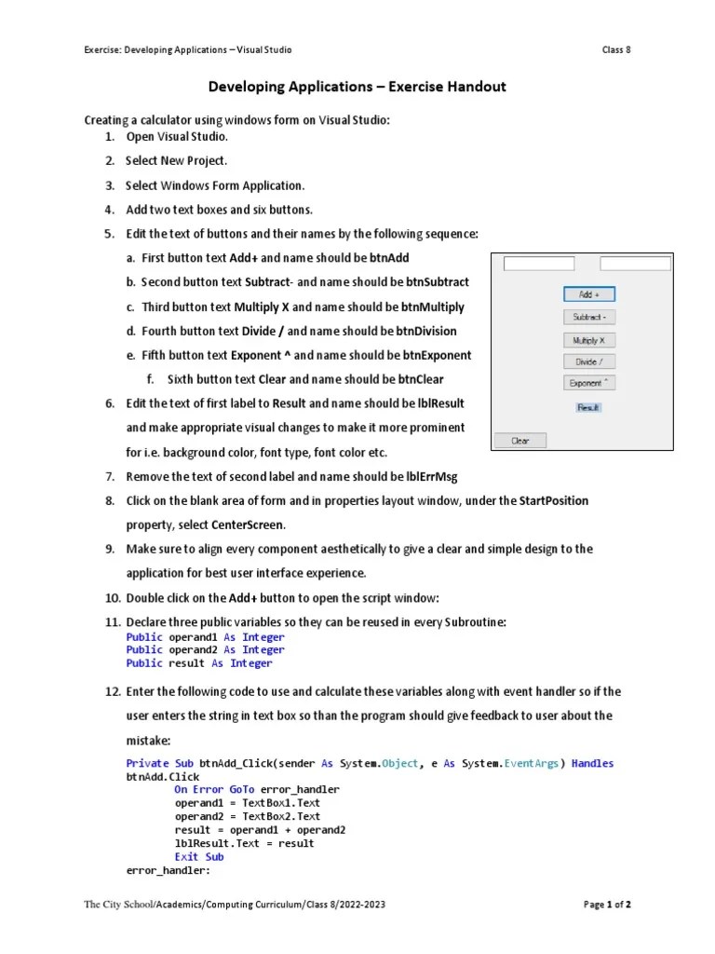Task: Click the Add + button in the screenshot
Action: pyautogui.click(x=588, y=294)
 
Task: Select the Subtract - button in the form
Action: pyautogui.click(x=588, y=318)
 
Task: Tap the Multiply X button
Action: pyautogui.click(x=588, y=341)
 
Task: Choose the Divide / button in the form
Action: pyautogui.click(x=588, y=361)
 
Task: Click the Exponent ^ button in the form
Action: pyautogui.click(x=588, y=383)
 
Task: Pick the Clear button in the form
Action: pyautogui.click(x=520, y=441)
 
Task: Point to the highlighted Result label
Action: pyautogui.click(x=588, y=407)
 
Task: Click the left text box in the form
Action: pyautogui.click(x=539, y=264)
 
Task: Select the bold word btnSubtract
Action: pyautogui.click(x=435, y=282)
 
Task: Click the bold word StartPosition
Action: pyautogui.click(x=554, y=500)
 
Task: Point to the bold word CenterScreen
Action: pyautogui.click(x=249, y=525)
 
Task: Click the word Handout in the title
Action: pyautogui.click(x=476, y=87)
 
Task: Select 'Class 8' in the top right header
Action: pyautogui.click(x=615, y=49)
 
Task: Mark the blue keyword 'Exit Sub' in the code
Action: pyautogui.click(x=199, y=857)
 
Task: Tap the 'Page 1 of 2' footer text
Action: pyautogui.click(x=607, y=904)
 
